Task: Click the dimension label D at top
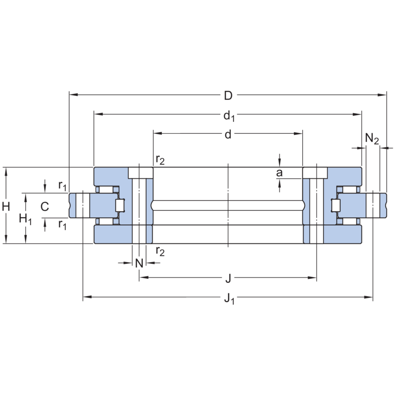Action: (x=228, y=94)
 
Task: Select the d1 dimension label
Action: (x=229, y=116)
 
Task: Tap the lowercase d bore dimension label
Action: (x=228, y=134)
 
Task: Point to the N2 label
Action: (x=372, y=139)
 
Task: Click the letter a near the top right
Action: (x=279, y=173)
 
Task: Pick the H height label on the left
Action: (x=6, y=207)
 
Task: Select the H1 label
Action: (x=25, y=218)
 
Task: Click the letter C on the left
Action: (x=44, y=206)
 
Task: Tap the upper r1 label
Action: (x=62, y=186)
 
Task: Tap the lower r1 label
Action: (x=62, y=225)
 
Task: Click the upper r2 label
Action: (x=160, y=159)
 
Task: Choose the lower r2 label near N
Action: (x=160, y=251)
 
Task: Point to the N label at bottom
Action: (x=139, y=263)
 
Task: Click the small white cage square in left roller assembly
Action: (x=119, y=206)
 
